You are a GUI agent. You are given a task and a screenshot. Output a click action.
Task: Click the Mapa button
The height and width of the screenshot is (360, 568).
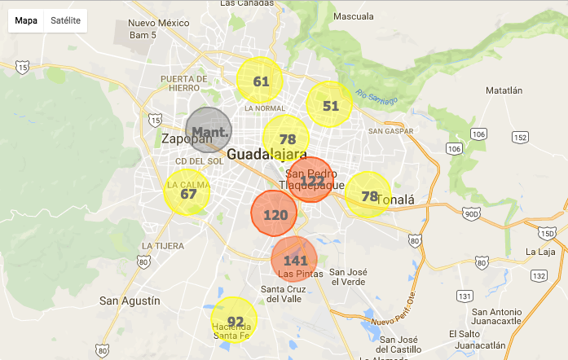tap(25, 20)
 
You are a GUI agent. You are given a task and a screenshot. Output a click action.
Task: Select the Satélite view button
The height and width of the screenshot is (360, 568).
tap(65, 20)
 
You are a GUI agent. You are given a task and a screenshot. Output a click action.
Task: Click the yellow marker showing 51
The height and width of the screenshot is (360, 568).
tap(329, 105)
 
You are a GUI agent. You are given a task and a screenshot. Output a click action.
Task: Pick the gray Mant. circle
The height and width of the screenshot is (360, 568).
tap(209, 130)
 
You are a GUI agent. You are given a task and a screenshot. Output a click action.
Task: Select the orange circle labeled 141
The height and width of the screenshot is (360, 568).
tap(294, 260)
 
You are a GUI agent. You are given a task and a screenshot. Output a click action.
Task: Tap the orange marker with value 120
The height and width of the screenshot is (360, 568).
tap(275, 214)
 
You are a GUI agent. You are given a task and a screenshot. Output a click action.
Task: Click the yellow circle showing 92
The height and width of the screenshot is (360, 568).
tap(235, 320)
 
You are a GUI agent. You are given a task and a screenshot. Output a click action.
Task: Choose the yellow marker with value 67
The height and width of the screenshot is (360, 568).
tap(188, 193)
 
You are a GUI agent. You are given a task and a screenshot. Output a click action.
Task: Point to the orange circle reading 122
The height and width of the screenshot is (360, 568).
tap(310, 179)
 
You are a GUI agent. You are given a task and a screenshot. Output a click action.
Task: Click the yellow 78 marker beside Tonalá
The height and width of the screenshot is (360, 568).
tap(368, 195)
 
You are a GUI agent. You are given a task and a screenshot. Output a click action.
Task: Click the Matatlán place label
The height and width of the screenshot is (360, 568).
tap(503, 90)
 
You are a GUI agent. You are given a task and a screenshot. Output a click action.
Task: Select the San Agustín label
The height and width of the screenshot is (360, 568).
tap(130, 301)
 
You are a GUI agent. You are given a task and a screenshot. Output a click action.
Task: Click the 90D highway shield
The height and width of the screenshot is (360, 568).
tap(470, 213)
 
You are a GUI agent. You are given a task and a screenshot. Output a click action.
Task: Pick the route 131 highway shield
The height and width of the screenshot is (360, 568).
tap(465, 295)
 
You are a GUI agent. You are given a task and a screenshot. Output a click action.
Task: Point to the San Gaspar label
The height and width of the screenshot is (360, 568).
tap(386, 130)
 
